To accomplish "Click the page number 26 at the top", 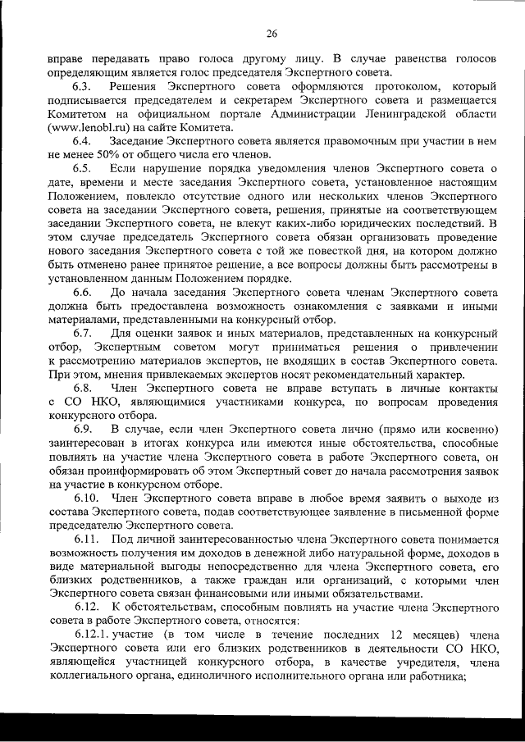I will coord(272,34).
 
